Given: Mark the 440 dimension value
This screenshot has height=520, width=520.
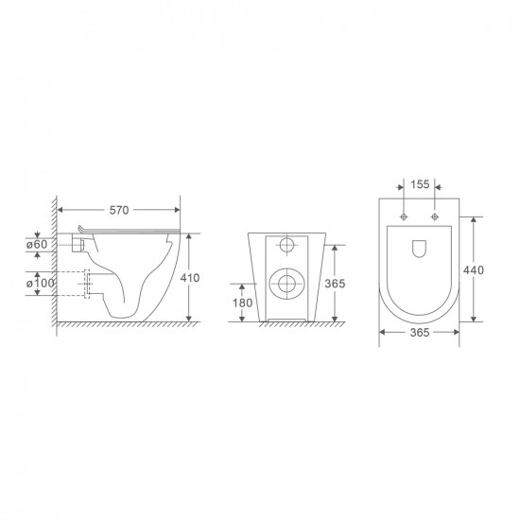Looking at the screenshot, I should pos(473,270).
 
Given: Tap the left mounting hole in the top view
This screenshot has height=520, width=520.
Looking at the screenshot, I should pos(405,217).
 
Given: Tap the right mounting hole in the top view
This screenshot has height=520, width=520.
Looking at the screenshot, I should pos(435,217).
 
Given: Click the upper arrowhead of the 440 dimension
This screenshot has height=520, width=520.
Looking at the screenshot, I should pos(473,217).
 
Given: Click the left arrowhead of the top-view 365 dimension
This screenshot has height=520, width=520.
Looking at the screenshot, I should pos(381,334).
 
